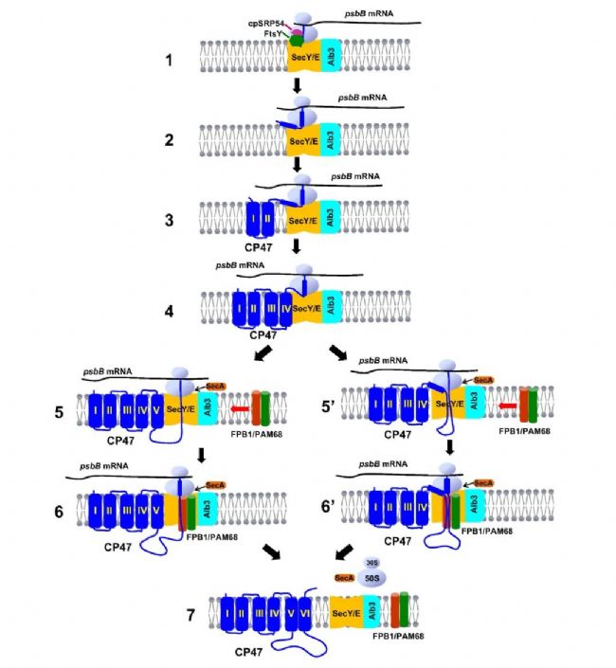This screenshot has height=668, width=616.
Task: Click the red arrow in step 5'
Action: [x=508, y=406]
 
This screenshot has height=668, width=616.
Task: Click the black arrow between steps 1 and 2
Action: [x=298, y=88]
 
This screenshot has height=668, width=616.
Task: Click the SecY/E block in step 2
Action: [x=303, y=140]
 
